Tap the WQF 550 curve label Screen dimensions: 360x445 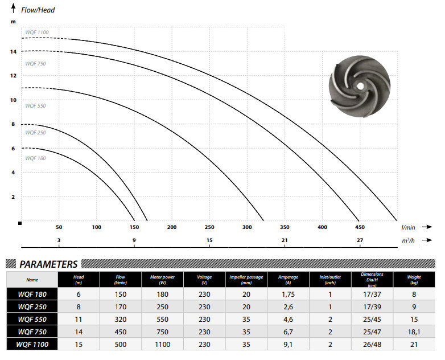(35, 106)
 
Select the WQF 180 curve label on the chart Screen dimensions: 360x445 (35, 158)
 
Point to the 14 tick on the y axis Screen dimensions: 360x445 (13, 51)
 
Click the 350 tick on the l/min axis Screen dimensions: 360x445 (285, 227)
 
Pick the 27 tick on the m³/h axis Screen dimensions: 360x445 (360, 240)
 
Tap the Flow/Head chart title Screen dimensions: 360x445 (39, 10)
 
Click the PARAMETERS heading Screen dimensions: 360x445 (48, 264)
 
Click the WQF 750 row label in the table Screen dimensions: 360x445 (32, 332)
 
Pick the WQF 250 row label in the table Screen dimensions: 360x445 (32, 307)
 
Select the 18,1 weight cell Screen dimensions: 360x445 (415, 332)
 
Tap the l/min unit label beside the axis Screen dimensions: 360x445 (409, 227)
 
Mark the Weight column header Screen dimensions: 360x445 (415, 279)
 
